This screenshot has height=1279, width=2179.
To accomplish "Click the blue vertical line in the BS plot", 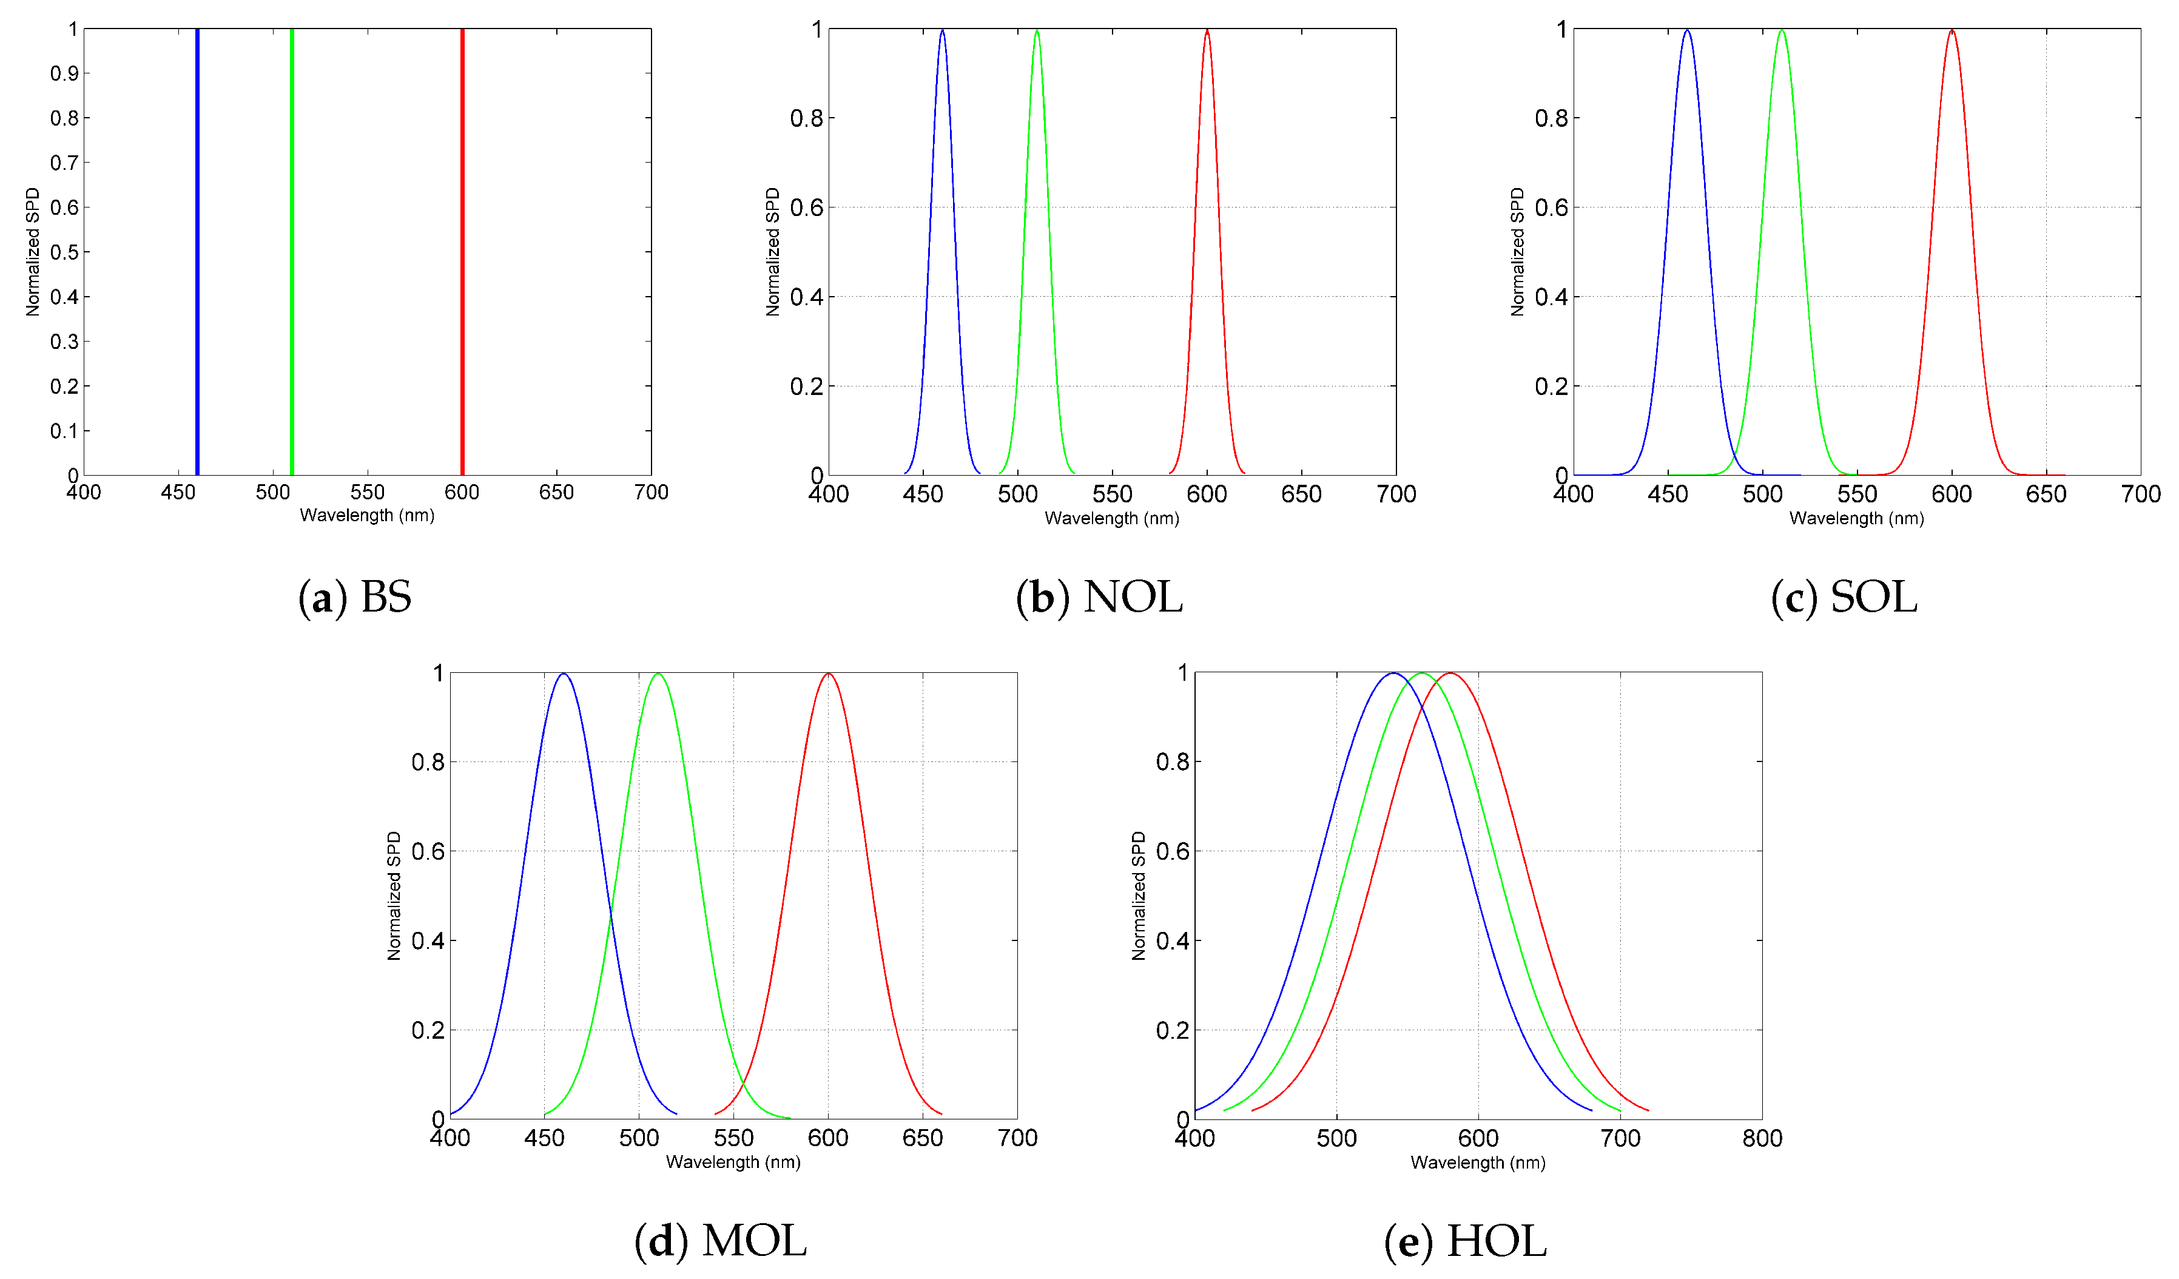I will pyautogui.click(x=197, y=251).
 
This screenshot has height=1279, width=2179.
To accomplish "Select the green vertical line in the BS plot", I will pyautogui.click(x=291, y=251).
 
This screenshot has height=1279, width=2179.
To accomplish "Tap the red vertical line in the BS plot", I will pyautogui.click(x=462, y=251).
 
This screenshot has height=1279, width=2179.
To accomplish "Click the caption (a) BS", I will pyautogui.click(x=354, y=596).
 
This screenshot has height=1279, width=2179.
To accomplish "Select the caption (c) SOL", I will pyautogui.click(x=1844, y=596).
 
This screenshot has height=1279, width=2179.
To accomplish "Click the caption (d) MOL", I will pyautogui.click(x=720, y=1240).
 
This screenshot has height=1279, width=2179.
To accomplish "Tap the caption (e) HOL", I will pyautogui.click(x=1465, y=1240).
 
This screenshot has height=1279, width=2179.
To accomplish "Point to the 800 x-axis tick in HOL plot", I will pyautogui.click(x=1762, y=1138).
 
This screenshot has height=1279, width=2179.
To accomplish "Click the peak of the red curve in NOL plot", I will pyautogui.click(x=1207, y=31).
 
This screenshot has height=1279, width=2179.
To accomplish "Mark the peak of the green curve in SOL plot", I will pyautogui.click(x=1781, y=31).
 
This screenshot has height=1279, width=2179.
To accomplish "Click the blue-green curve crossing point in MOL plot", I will pyautogui.click(x=610, y=915).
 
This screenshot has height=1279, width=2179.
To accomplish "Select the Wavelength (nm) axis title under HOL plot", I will pyautogui.click(x=1478, y=1163).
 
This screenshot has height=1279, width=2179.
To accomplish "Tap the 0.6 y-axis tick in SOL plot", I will pyautogui.click(x=1551, y=208).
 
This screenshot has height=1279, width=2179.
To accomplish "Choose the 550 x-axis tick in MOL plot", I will pyautogui.click(x=733, y=1138).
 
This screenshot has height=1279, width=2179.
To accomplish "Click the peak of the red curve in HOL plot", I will pyautogui.click(x=1450, y=673).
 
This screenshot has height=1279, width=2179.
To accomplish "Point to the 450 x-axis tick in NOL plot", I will pyautogui.click(x=923, y=494).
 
